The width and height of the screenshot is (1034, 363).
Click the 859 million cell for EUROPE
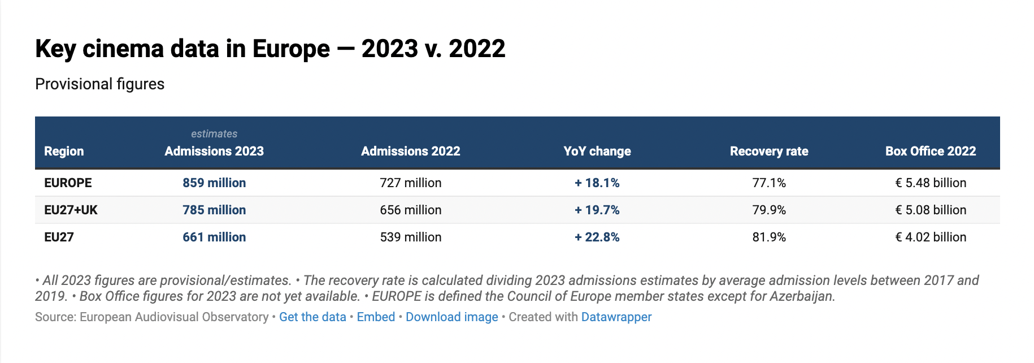click(x=214, y=183)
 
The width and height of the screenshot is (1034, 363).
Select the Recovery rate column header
click(x=768, y=151)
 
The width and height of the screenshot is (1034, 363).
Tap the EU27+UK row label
click(x=71, y=210)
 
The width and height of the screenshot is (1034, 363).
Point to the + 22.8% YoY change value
click(x=597, y=237)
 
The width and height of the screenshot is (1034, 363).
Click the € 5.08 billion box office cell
click(x=930, y=210)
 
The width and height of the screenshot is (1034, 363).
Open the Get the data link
click(x=312, y=317)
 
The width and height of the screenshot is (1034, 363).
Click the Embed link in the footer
click(x=376, y=317)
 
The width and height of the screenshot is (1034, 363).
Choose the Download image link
click(x=451, y=317)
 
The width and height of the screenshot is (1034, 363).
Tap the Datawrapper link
click(x=616, y=317)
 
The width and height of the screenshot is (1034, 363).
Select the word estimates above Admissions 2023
click(x=214, y=133)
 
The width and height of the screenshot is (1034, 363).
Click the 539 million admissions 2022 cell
click(x=410, y=237)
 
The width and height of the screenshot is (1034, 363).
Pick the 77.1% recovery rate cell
click(x=768, y=183)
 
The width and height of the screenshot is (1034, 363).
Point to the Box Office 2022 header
click(x=930, y=151)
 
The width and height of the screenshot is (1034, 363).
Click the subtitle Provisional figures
click(x=99, y=84)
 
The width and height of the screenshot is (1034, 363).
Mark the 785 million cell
click(x=214, y=210)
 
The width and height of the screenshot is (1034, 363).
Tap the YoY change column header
click(x=597, y=151)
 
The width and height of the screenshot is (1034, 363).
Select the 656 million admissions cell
click(x=410, y=210)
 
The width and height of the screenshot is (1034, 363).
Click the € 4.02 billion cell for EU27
click(x=930, y=237)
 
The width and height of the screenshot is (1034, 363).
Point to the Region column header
click(x=64, y=151)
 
